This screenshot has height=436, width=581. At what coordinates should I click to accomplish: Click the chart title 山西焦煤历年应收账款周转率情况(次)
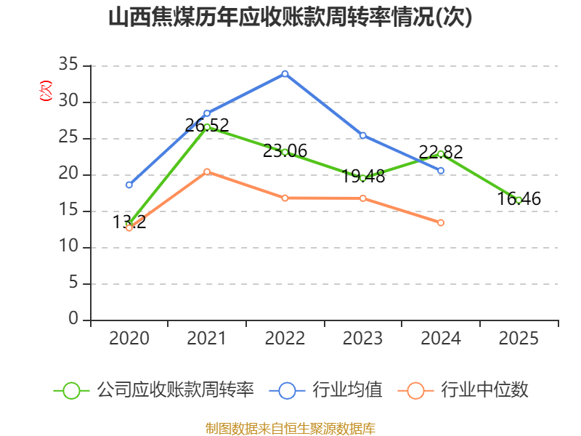click(x=290, y=17)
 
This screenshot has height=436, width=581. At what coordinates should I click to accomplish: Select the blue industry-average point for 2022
click(x=285, y=74)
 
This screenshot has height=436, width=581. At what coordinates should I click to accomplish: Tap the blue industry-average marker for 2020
click(x=129, y=185)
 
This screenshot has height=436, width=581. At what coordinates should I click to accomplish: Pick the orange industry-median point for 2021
click(x=207, y=171)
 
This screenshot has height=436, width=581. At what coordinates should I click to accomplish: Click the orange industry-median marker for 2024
click(x=441, y=222)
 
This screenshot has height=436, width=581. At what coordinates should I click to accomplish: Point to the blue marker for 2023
click(x=363, y=135)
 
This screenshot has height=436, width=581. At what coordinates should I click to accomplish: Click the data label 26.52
click(x=207, y=125)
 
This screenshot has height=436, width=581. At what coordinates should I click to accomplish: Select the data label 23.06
click(x=285, y=151)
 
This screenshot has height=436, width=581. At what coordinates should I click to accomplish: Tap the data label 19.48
click(x=363, y=177)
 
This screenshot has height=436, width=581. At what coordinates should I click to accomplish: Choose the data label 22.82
click(x=441, y=152)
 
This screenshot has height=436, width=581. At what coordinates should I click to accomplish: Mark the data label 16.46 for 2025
click(x=519, y=198)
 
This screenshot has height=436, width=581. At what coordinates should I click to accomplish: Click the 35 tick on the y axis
click(x=68, y=65)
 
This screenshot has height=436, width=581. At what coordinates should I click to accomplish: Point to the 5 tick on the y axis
click(x=73, y=283)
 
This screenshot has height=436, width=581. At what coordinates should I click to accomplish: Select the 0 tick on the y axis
click(x=73, y=319)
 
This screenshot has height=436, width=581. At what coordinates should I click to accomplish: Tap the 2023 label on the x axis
click(x=362, y=339)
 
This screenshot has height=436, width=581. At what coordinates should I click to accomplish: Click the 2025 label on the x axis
click(x=519, y=339)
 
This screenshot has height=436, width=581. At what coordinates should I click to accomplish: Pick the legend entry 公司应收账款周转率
click(x=154, y=390)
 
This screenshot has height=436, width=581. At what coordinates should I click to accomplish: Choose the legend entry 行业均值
click(x=325, y=390)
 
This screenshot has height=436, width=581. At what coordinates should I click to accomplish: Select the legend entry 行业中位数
click(x=463, y=390)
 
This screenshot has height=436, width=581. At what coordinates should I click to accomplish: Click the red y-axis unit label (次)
click(x=46, y=91)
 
